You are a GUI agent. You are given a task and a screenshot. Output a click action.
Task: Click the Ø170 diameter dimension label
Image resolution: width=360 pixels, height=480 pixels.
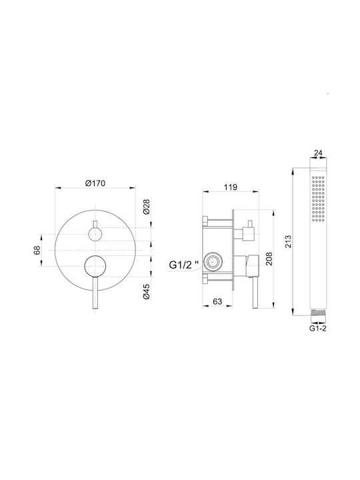point(95,183)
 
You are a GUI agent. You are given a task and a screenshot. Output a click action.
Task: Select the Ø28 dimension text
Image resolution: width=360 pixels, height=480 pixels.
point(147,207)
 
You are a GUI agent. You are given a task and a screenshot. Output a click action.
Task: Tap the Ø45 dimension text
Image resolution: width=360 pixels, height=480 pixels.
point(147,292)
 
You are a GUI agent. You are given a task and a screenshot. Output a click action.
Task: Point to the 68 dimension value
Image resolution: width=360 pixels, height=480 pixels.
point(37,250)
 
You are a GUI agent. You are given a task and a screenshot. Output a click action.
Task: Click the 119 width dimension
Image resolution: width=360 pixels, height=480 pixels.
point(230,187)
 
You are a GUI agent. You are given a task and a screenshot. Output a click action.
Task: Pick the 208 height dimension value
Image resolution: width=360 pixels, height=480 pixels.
point(269,259)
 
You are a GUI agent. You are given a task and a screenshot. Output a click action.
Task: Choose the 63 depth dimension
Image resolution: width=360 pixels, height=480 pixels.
point(217,301)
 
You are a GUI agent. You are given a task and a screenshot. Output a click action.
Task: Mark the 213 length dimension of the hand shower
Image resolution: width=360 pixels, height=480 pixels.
point(289,241)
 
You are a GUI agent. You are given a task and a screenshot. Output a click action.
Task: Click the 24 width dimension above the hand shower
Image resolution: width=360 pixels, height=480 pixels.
point(319,153)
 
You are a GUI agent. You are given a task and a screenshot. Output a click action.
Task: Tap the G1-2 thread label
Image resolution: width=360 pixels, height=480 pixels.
point(318,329)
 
